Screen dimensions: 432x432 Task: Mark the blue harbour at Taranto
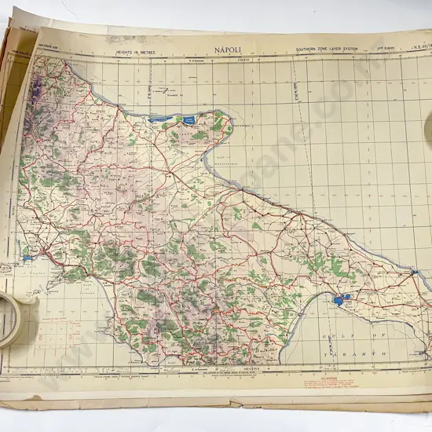point(339,300)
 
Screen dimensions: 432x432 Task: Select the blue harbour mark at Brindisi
point(414,273)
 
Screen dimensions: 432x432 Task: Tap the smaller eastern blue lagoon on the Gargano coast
point(189,119)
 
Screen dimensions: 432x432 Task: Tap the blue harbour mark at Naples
point(28,258)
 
